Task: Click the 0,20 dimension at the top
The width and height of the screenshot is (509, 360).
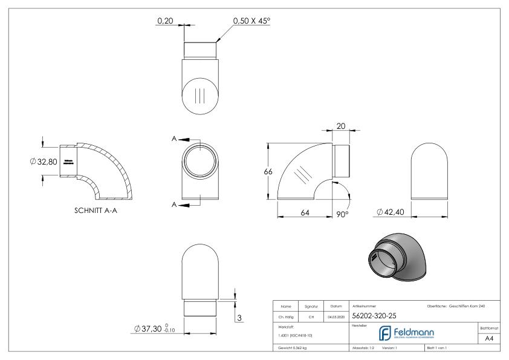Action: tap(164, 21)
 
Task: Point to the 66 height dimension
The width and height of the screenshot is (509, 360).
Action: tap(268, 171)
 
